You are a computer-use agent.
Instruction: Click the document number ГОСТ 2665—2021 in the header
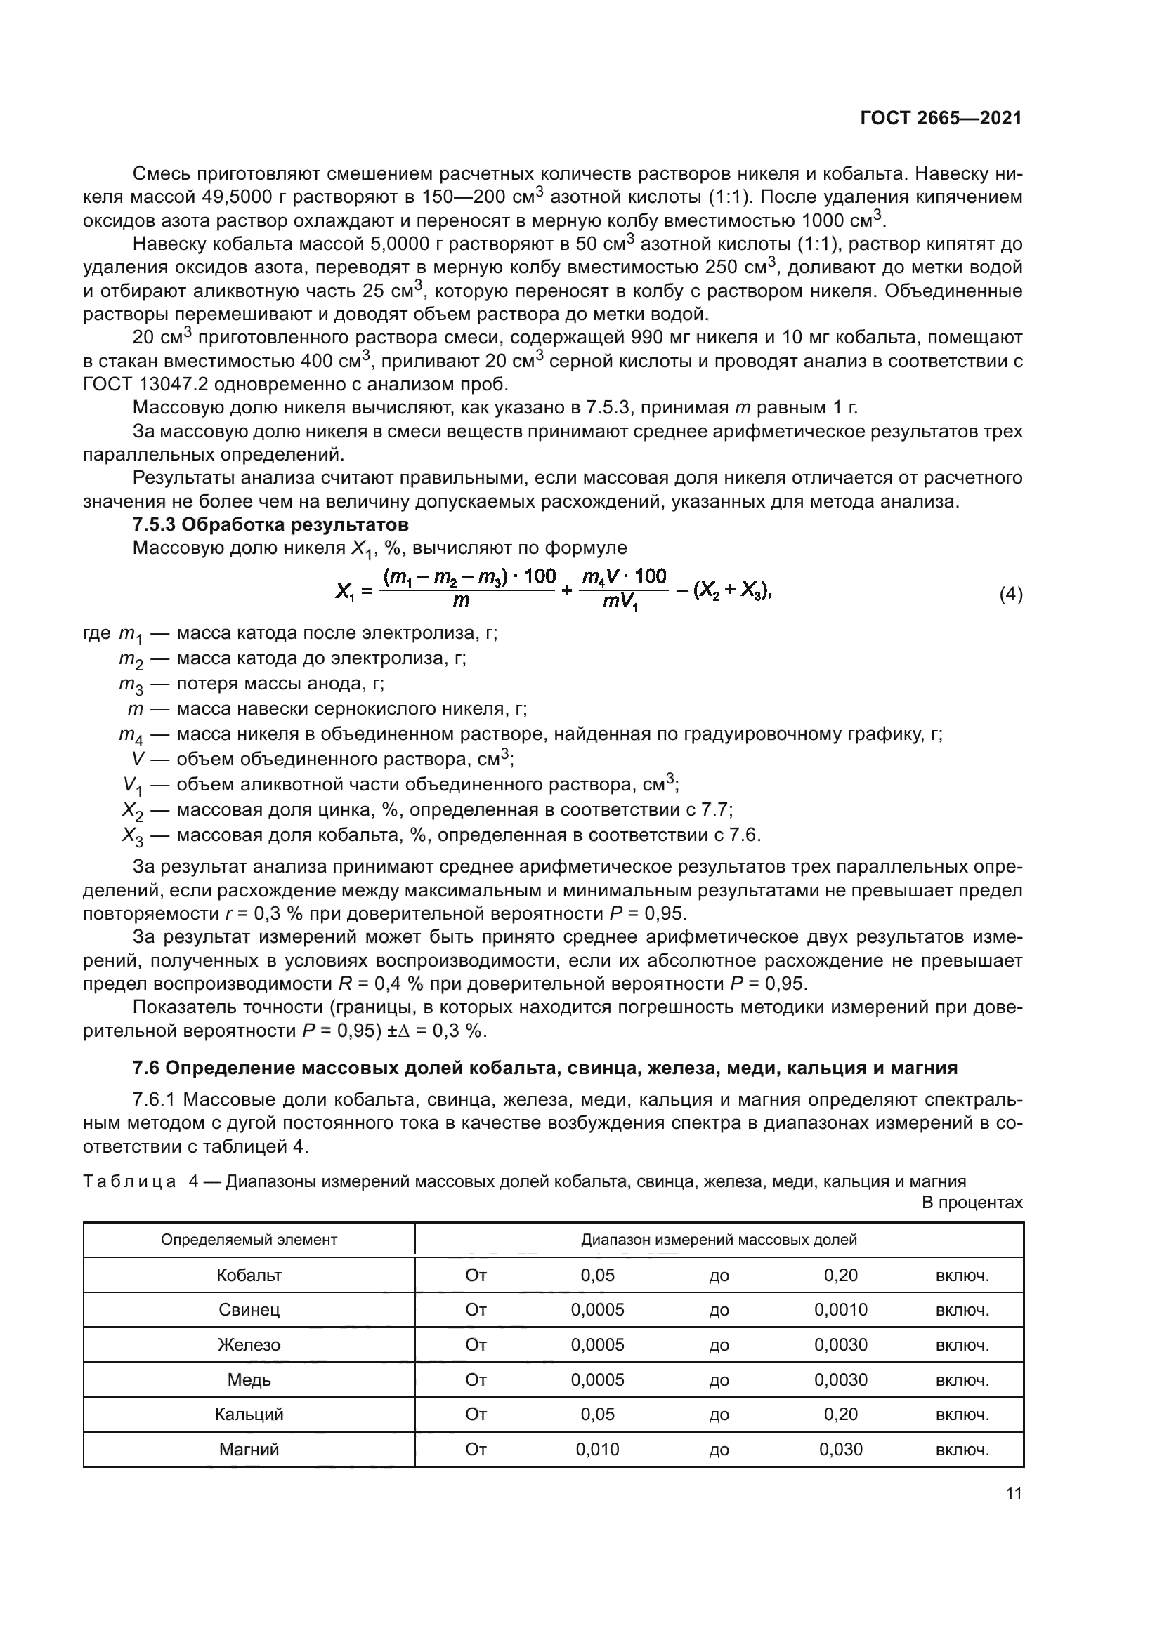[x=940, y=119]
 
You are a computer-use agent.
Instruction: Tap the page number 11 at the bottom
[x=1013, y=1493]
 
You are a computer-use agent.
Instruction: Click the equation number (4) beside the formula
[x=1010, y=595]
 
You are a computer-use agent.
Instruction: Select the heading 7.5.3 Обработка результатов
[x=270, y=524]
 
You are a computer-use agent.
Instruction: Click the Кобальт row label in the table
[x=249, y=1274]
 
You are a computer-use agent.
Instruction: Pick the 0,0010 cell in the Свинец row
[x=840, y=1309]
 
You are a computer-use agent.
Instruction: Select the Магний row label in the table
[x=249, y=1449]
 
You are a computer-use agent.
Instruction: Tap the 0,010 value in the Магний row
[x=597, y=1449]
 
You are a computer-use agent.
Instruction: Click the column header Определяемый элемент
[x=249, y=1239]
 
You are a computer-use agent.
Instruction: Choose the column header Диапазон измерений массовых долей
[x=719, y=1239]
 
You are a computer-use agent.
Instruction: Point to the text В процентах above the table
[x=972, y=1202]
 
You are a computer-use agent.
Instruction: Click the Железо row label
[x=249, y=1344]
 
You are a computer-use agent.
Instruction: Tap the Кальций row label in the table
[x=249, y=1414]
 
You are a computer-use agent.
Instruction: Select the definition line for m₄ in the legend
[x=530, y=734]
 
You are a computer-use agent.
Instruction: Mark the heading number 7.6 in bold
[x=146, y=1068]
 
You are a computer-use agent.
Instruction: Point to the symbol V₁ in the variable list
[x=132, y=786]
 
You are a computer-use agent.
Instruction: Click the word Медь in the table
[x=249, y=1379]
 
